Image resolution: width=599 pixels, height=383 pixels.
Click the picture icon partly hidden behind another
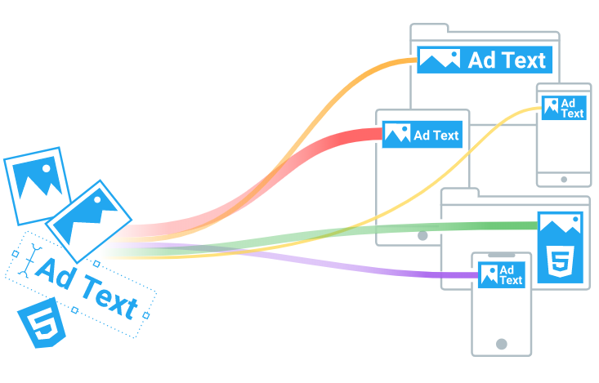point(33,184)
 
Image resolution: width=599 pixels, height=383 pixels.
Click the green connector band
point(458,225)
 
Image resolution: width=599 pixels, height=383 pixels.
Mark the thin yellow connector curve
point(458,151)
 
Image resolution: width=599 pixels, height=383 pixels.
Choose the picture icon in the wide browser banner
point(440,60)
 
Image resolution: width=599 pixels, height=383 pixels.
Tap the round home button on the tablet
point(422,235)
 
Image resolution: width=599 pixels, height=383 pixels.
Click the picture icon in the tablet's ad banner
point(397,134)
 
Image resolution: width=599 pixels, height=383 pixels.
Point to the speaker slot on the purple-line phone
point(502,254)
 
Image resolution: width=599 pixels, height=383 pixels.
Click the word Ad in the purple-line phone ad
point(507,270)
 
